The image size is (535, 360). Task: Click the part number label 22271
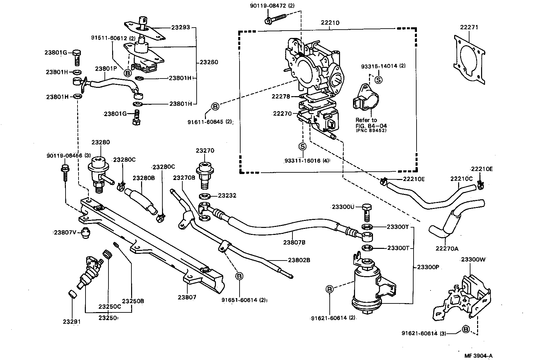click(x=469, y=27)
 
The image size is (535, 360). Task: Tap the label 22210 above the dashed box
click(x=330, y=23)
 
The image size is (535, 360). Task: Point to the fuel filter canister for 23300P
click(x=366, y=286)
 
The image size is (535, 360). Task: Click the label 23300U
click(x=343, y=207)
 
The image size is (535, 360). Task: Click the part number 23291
click(x=72, y=322)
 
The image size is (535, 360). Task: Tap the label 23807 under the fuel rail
click(x=187, y=297)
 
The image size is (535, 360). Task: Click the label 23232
click(x=228, y=196)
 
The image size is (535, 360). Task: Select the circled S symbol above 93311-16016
click(x=302, y=146)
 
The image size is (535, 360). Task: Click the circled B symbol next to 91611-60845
click(x=215, y=106)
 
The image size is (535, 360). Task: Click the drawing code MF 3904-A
click(x=478, y=355)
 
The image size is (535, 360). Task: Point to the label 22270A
click(x=447, y=248)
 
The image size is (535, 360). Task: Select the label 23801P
click(x=106, y=69)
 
